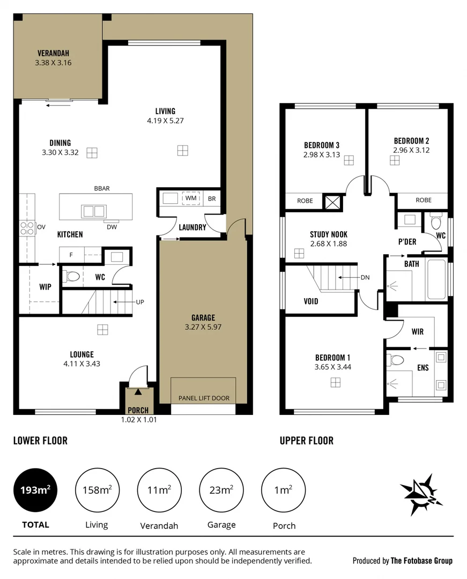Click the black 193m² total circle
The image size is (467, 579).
35,490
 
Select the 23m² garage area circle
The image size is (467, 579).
221,490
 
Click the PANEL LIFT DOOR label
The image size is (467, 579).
203,398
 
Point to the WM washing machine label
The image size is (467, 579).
190,198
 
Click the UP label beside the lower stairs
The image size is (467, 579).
140,302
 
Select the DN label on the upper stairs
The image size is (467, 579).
365,278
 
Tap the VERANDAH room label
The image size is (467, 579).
53,53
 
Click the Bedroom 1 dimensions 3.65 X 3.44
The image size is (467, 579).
333,367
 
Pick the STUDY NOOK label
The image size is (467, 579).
329,235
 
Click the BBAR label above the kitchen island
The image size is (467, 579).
101,188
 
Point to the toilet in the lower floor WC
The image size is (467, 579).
72,277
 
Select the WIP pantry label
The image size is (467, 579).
45,287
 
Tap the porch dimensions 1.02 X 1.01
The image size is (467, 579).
139,420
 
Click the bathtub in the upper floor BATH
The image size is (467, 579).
436,279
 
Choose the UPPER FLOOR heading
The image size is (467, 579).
306,441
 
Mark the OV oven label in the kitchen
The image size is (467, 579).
41,227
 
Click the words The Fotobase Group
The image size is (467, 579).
421,561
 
